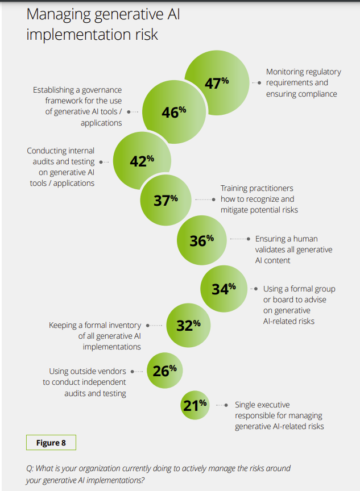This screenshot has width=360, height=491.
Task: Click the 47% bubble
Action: click(x=217, y=82)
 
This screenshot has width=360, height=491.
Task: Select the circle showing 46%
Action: click(x=173, y=112)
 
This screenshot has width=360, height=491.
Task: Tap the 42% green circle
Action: click(x=142, y=161)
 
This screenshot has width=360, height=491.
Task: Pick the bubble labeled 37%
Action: click(x=166, y=200)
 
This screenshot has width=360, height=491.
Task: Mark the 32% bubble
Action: click(x=188, y=326)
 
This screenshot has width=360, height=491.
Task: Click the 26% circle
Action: click(x=165, y=371)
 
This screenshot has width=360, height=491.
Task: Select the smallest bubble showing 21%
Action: click(x=195, y=405)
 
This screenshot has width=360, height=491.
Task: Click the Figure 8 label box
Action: click(x=51, y=443)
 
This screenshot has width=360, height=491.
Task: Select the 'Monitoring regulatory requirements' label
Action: click(x=303, y=82)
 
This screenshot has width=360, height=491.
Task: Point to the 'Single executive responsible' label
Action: click(x=279, y=415)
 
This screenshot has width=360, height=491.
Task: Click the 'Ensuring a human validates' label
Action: click(x=293, y=249)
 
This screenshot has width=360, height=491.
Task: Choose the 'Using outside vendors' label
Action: click(x=85, y=382)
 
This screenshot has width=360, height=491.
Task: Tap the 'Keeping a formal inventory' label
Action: click(x=95, y=336)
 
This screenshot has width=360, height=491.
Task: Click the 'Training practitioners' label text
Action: click(x=259, y=199)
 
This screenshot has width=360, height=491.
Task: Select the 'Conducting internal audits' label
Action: click(x=61, y=167)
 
